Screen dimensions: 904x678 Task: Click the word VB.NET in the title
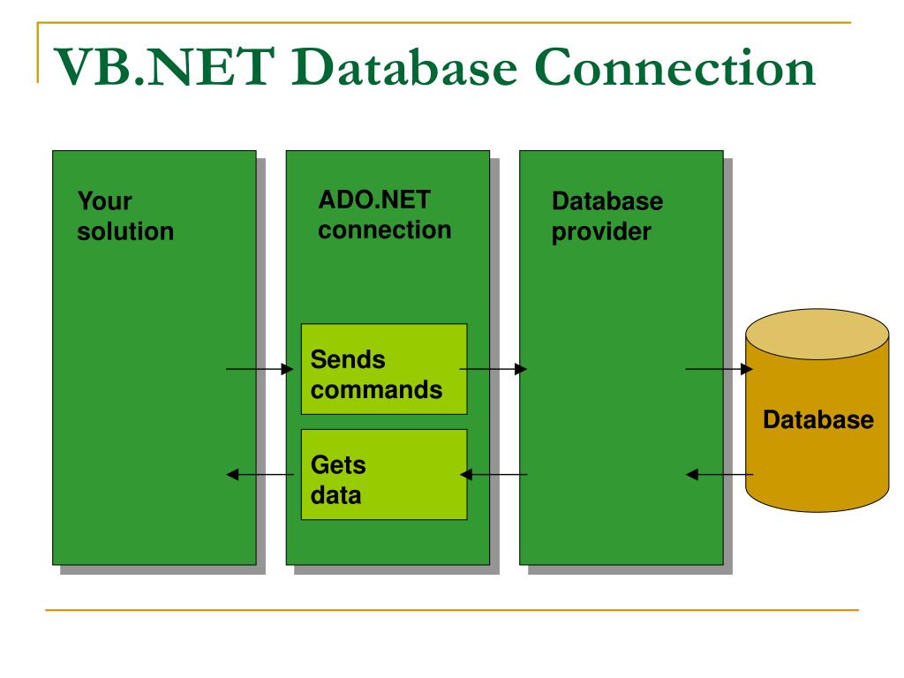pos(163,67)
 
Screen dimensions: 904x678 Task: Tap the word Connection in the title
pos(675,67)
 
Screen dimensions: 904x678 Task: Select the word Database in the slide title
pos(404,67)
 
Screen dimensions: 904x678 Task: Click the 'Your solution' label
pos(125,216)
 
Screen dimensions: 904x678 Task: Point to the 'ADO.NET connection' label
pos(385,215)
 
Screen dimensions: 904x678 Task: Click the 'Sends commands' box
pos(384,369)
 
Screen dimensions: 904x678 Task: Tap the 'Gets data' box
pos(384,474)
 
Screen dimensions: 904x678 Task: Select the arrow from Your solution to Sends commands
pos(260,369)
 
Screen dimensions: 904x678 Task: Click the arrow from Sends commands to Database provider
pos(493,369)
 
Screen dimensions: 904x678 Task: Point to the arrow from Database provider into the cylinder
pos(719,369)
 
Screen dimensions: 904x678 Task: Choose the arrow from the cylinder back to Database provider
pos(719,474)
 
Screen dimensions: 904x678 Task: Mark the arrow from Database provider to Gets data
pos(493,474)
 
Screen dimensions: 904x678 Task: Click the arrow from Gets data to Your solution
pos(260,474)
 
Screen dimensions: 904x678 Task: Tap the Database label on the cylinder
pos(818,419)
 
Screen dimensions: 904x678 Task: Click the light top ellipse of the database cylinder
pos(817,335)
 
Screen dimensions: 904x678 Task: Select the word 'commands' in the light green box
pos(376,389)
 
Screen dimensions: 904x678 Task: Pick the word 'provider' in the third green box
pos(601,232)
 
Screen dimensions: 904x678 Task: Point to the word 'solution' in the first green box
pos(125,231)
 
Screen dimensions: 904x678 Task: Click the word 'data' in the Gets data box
pos(336,495)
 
